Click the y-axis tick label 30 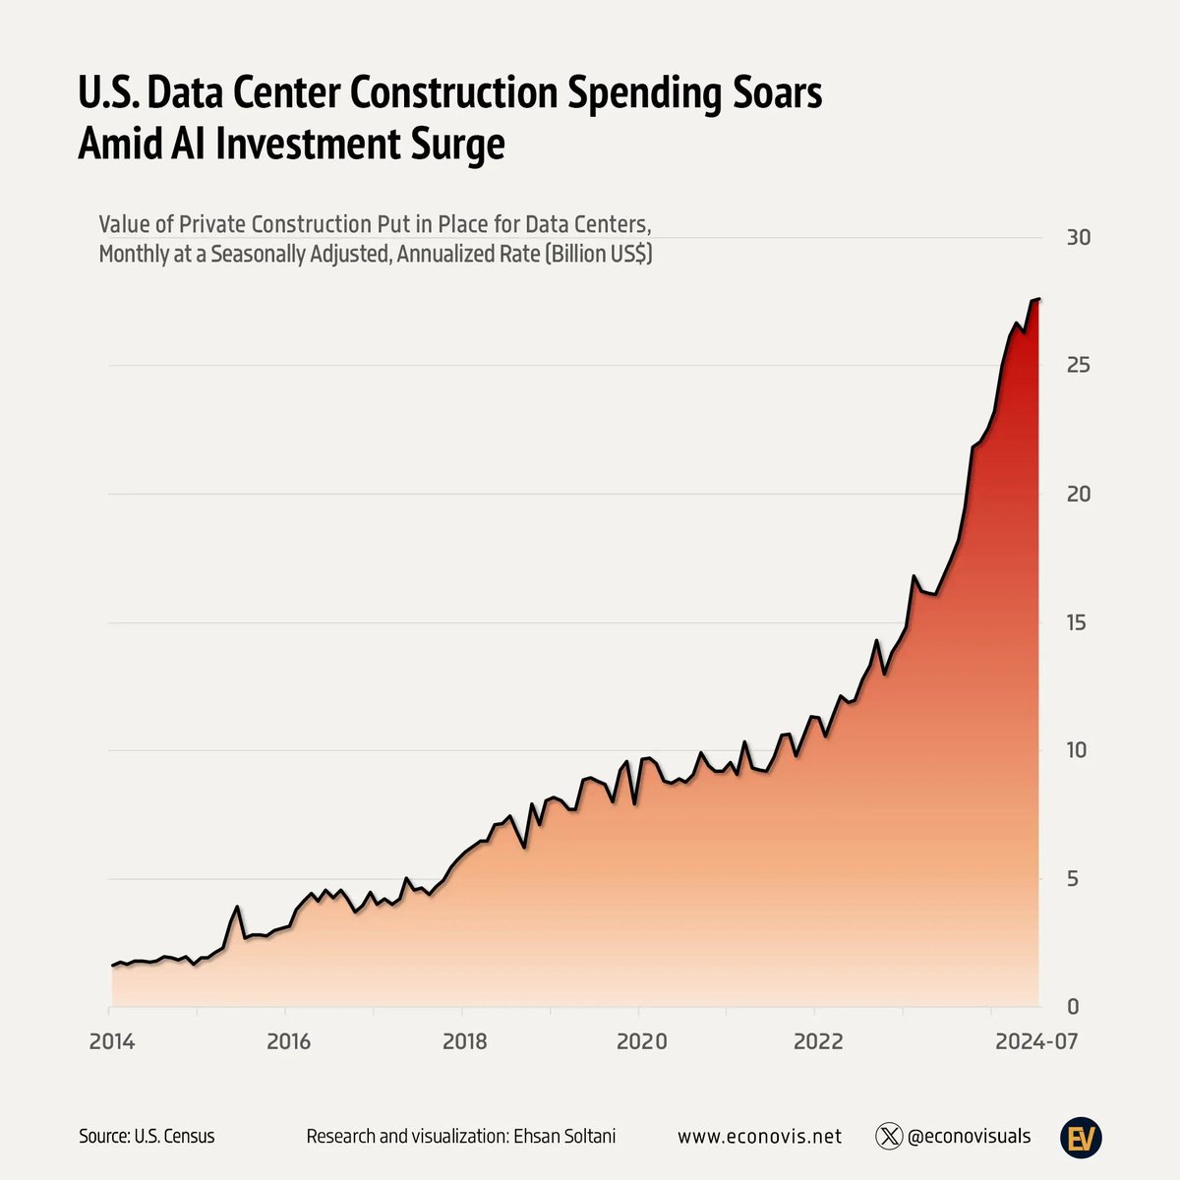1079,238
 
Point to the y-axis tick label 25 1079,365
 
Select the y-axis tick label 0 1072,1006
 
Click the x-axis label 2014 111,1041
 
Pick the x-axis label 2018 465,1041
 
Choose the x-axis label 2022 818,1041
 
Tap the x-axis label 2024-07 1036,1041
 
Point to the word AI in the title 188,144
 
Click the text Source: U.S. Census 147,1136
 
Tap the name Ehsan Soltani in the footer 564,1136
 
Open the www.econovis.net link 759,1137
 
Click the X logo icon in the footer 889,1137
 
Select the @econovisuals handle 969,1137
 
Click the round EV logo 1081,1137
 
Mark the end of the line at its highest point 1039,299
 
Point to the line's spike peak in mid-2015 237,907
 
